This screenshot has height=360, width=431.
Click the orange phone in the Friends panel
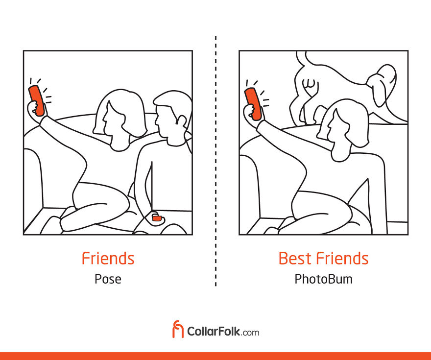36,100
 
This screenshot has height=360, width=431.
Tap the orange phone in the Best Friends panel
253,104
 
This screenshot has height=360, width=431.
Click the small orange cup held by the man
157,218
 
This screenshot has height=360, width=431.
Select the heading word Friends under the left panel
108,258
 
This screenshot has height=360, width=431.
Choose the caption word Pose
108,279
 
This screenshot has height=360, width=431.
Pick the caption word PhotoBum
323,279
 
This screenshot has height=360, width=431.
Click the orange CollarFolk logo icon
178,329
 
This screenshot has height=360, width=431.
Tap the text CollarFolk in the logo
214,331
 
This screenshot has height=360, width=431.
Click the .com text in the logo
250,333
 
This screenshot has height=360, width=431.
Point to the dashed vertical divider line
216,161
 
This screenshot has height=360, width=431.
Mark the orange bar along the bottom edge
215,356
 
